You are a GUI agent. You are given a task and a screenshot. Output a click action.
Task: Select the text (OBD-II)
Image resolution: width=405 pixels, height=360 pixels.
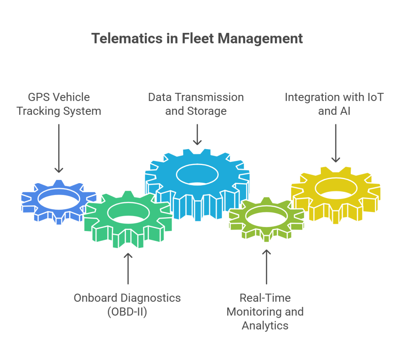[127, 312]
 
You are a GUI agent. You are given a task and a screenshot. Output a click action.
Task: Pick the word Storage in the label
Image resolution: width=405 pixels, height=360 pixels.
[207, 111]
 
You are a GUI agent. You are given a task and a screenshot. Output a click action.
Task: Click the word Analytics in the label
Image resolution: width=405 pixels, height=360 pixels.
[265, 326]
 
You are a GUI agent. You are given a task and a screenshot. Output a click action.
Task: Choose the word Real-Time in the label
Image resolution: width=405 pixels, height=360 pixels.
[265, 298]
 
